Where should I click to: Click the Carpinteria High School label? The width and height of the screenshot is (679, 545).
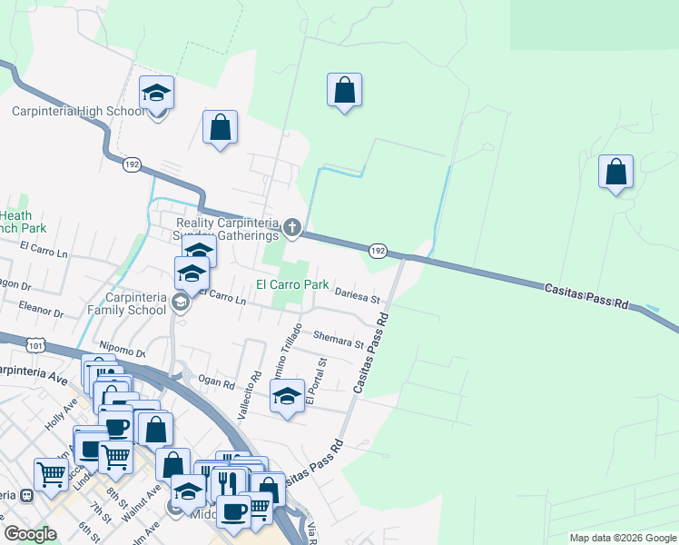(77, 112)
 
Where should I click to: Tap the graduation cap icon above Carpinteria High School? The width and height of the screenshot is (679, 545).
(156, 92)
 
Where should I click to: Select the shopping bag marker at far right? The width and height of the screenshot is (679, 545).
(615, 172)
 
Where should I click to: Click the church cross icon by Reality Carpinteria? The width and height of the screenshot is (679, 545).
(291, 226)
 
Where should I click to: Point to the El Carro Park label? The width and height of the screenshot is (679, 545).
(291, 284)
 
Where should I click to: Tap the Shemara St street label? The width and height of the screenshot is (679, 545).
(338, 340)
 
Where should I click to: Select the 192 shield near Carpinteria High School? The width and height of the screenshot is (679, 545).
(132, 164)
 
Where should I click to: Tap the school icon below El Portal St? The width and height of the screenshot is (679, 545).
(287, 397)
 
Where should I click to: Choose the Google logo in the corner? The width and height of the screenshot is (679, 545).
(30, 534)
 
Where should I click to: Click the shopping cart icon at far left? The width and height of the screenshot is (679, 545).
(51, 472)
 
